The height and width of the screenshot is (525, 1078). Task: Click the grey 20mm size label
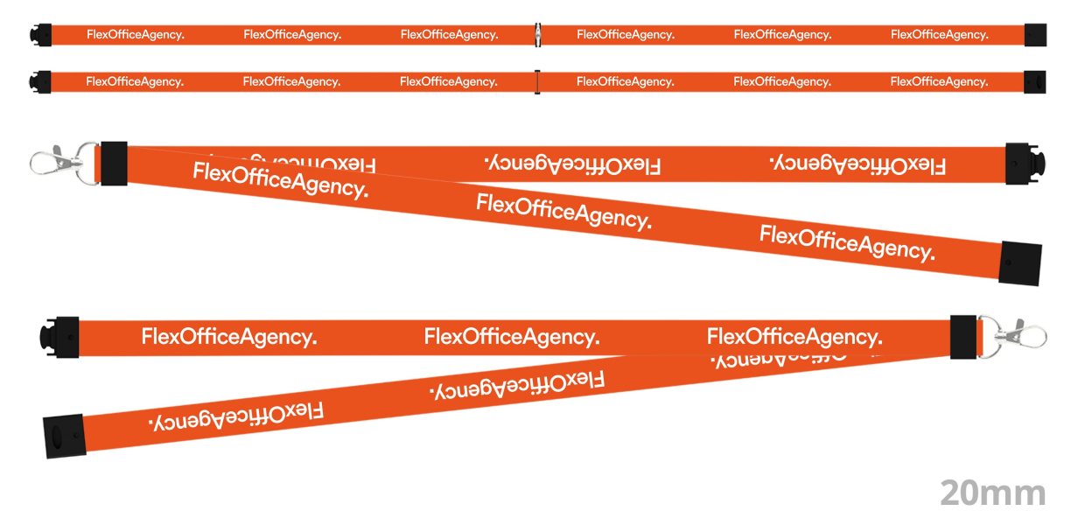tap(992, 493)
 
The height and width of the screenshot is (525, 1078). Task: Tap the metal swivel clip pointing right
tap(1023, 335)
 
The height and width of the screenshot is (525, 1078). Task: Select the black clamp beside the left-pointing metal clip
tap(114, 164)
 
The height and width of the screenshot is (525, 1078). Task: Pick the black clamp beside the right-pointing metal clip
tap(963, 337)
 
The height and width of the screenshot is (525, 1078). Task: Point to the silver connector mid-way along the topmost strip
tap(538, 35)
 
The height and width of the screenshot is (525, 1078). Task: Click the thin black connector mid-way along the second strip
tap(537, 81)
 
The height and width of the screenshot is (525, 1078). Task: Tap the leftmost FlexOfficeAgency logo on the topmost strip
tap(135, 35)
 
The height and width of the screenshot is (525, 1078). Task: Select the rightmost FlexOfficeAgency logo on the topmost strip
tap(939, 35)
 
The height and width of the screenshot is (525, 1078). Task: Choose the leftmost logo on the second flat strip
tap(135, 81)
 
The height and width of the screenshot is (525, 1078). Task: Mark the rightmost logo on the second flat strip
tap(939, 81)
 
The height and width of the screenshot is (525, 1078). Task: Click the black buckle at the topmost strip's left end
tap(40, 35)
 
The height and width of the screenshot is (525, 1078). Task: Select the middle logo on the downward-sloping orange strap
tap(563, 212)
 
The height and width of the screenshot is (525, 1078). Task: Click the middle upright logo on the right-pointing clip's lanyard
tap(512, 337)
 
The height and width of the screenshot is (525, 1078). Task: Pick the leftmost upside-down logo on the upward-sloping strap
tap(236, 416)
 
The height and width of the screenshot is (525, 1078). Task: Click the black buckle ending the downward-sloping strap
tap(1020, 262)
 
